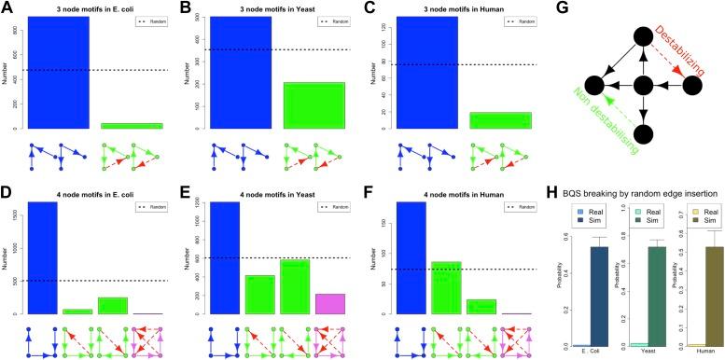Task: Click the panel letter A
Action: click(7, 8)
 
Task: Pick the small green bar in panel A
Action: click(132, 125)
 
